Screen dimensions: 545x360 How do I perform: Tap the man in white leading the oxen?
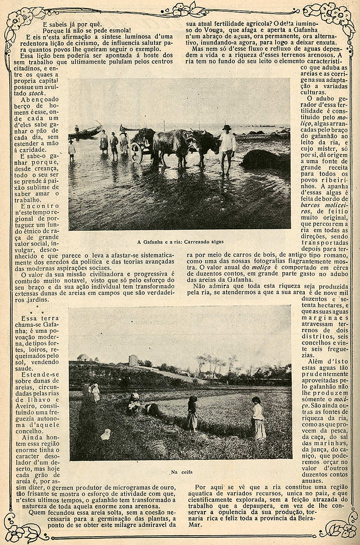227,148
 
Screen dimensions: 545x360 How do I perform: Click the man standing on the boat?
76,131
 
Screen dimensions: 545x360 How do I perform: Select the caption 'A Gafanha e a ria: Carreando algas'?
180,242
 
